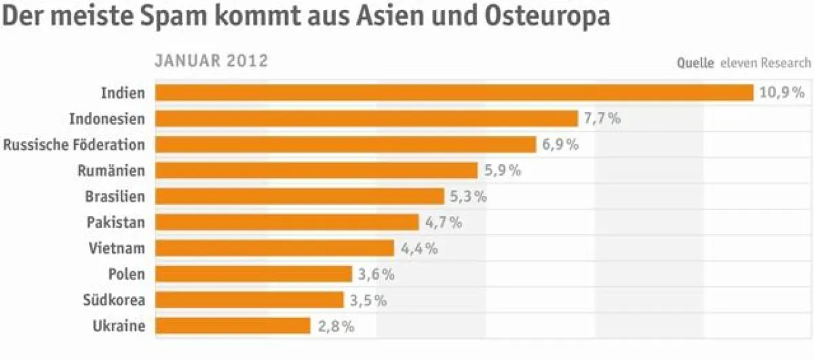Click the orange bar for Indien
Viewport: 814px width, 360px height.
(x=454, y=92)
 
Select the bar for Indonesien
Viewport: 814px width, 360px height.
(x=366, y=119)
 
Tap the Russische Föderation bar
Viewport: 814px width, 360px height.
(x=345, y=144)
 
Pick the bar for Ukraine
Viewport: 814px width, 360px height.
(x=233, y=326)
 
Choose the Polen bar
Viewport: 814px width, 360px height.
(x=254, y=274)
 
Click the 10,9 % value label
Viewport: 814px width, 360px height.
(x=781, y=93)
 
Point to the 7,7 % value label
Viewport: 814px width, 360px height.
(x=602, y=119)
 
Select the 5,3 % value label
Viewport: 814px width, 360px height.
(x=468, y=197)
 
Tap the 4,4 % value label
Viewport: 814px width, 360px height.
(x=419, y=248)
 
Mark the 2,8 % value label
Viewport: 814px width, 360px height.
(x=336, y=326)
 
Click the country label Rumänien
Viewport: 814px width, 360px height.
(x=111, y=171)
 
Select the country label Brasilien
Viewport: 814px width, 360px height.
(x=115, y=197)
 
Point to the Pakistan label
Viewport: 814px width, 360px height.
(x=115, y=222)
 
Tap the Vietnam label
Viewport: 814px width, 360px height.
(x=117, y=248)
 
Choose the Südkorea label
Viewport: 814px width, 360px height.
(x=113, y=300)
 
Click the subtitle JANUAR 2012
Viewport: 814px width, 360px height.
(x=212, y=61)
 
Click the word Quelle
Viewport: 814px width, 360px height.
(x=695, y=63)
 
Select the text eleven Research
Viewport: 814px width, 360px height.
(x=765, y=63)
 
